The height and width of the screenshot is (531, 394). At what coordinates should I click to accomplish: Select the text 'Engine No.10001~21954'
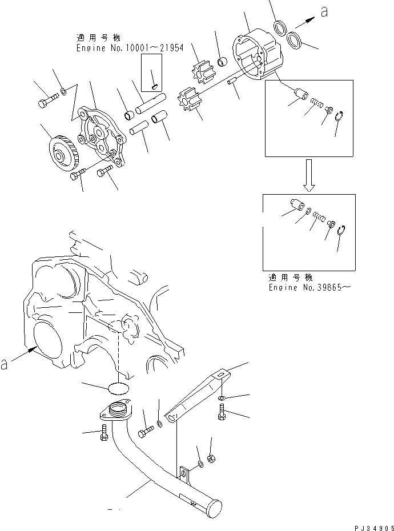(130, 48)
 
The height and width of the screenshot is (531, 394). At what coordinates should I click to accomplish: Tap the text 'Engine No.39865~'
(309, 287)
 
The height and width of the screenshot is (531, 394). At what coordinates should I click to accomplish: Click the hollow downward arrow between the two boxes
(308, 176)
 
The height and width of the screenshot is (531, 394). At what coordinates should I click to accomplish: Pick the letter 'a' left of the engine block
(5, 364)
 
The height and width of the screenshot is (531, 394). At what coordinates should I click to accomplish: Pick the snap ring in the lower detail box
(342, 230)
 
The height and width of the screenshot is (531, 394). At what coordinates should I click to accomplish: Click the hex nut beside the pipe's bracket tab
(210, 458)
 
